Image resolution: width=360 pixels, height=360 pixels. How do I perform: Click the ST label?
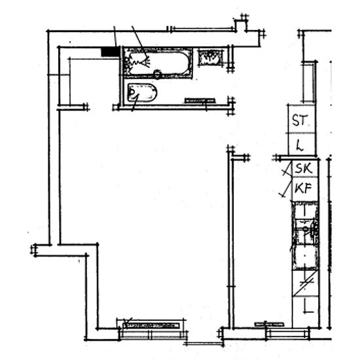299,120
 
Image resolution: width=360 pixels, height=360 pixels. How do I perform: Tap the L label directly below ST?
300,145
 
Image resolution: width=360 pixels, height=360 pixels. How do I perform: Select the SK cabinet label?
304,168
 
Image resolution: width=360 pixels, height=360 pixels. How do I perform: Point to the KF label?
303,189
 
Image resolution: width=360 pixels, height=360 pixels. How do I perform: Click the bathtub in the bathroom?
157,63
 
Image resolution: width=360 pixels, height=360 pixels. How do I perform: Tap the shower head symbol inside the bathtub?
137,62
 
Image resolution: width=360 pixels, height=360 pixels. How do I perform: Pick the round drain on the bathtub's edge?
157,75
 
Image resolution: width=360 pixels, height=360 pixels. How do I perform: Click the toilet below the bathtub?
142,93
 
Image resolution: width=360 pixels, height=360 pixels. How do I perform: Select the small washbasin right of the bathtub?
210,58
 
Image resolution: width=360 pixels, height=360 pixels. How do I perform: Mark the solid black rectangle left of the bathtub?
110,52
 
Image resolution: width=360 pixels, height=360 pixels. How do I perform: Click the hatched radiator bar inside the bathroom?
200,101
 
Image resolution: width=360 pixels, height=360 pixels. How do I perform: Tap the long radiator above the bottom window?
152,325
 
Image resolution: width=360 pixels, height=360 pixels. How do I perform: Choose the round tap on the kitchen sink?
306,228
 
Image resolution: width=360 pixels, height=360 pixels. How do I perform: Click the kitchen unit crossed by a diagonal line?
305,283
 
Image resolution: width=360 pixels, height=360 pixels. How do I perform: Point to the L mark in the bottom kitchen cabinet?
308,307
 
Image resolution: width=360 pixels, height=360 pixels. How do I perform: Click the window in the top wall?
203,29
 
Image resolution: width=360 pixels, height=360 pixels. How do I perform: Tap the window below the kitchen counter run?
287,334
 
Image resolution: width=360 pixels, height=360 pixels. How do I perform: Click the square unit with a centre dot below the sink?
305,257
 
